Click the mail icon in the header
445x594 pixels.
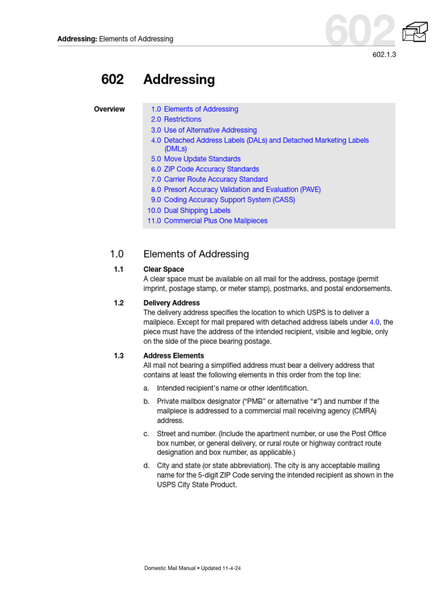click(x=415, y=32)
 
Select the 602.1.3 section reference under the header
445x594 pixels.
click(x=383, y=55)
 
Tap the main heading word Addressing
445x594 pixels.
click(x=178, y=79)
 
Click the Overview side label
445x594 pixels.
click(x=109, y=109)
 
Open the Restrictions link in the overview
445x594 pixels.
click(x=183, y=119)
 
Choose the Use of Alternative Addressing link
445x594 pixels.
click(x=210, y=130)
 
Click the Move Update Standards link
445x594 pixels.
click(x=202, y=159)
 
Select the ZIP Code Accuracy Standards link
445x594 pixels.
click(x=211, y=169)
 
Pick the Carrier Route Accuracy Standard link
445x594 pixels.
click(x=216, y=179)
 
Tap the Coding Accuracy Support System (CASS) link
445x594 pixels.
click(x=229, y=200)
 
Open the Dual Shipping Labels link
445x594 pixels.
click(x=197, y=211)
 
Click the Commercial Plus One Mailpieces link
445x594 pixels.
click(x=216, y=221)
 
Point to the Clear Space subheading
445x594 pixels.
click(x=163, y=269)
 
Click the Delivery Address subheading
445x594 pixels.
click(x=172, y=303)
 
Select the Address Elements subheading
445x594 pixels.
click(x=173, y=356)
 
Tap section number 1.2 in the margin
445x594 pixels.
click(x=119, y=303)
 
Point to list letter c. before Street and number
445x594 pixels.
click(x=147, y=434)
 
